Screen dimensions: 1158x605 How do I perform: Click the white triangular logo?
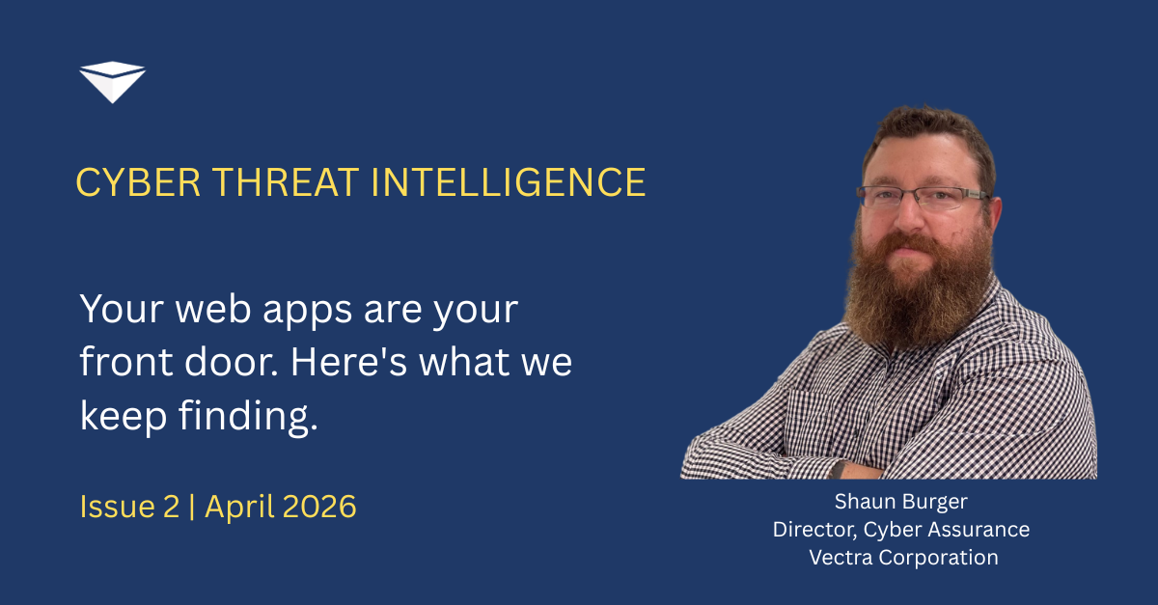pos(112,82)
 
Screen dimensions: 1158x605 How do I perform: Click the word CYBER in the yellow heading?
pos(138,182)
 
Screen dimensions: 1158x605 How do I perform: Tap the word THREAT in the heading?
pos(286,182)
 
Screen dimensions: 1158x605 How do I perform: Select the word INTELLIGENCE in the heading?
pos(509,182)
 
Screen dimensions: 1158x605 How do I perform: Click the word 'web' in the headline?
pos(213,310)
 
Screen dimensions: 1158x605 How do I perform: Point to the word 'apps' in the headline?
pos(307,313)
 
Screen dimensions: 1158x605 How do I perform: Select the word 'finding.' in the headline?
pos(248,417)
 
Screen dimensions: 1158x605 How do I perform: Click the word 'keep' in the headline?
pos(124,417)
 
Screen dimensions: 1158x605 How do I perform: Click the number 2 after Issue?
pos(171,507)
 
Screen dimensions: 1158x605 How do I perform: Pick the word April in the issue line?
pos(239,508)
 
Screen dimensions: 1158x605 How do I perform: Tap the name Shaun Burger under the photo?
pos(901,502)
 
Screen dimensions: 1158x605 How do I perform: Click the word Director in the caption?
pos(814,530)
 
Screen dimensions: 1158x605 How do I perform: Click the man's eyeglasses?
pos(923,198)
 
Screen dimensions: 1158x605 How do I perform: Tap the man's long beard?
pos(918,289)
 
